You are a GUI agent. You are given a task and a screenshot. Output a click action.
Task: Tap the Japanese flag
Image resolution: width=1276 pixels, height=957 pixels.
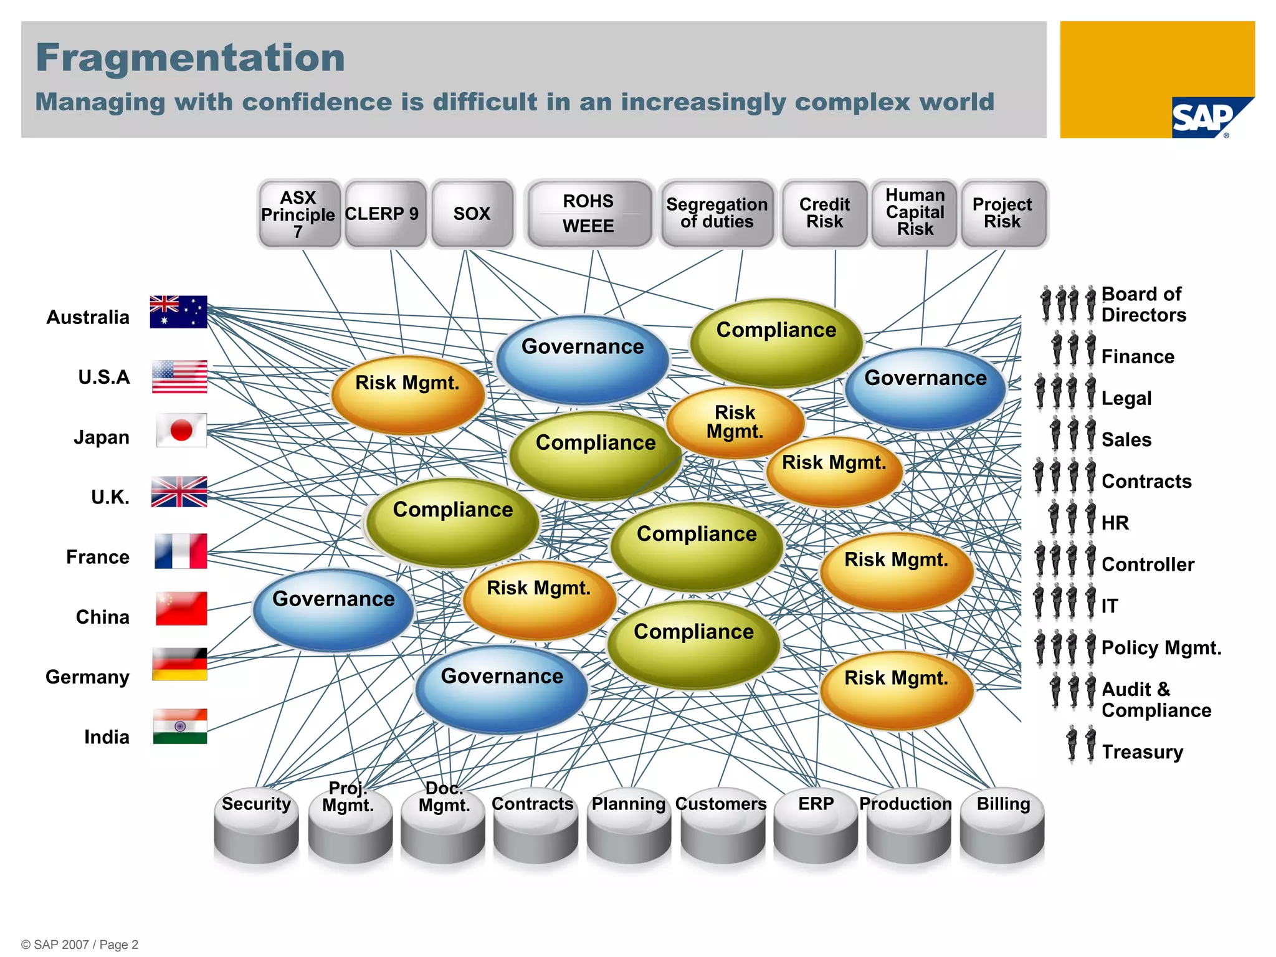click(181, 430)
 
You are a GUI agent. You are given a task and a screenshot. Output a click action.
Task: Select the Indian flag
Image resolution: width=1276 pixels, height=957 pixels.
click(180, 726)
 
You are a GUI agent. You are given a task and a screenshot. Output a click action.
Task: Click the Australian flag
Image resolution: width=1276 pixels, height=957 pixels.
click(178, 312)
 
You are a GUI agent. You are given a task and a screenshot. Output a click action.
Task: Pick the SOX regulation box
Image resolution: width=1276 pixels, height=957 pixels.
click(472, 214)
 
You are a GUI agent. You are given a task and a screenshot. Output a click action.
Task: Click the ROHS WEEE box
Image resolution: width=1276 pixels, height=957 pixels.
click(589, 214)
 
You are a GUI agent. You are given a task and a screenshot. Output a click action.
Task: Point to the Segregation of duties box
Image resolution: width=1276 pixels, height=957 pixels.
click(717, 214)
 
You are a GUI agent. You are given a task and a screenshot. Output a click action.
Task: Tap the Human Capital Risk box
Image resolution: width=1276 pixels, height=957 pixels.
click(915, 214)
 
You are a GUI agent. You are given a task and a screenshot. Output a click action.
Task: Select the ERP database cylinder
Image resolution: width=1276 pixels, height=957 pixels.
click(816, 829)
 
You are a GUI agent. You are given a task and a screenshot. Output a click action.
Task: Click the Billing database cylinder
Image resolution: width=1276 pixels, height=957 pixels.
click(1002, 829)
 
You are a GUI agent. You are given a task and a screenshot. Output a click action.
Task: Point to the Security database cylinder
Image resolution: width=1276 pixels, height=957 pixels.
click(256, 829)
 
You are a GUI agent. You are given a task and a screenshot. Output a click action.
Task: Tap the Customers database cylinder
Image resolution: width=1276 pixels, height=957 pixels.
click(722, 829)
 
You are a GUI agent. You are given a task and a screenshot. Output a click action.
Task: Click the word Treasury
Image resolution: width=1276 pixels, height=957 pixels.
click(1142, 752)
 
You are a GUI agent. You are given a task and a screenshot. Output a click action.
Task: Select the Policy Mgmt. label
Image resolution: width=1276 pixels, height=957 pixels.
click(1161, 648)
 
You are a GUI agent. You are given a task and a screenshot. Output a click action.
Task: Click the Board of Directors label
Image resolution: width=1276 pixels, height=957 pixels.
click(1143, 305)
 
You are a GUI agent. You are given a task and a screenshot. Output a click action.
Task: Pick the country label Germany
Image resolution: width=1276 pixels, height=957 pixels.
click(88, 677)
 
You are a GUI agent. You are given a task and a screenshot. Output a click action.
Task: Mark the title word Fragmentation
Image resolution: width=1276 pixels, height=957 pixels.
click(191, 58)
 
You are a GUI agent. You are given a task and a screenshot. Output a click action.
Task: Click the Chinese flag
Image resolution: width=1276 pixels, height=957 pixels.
click(181, 609)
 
